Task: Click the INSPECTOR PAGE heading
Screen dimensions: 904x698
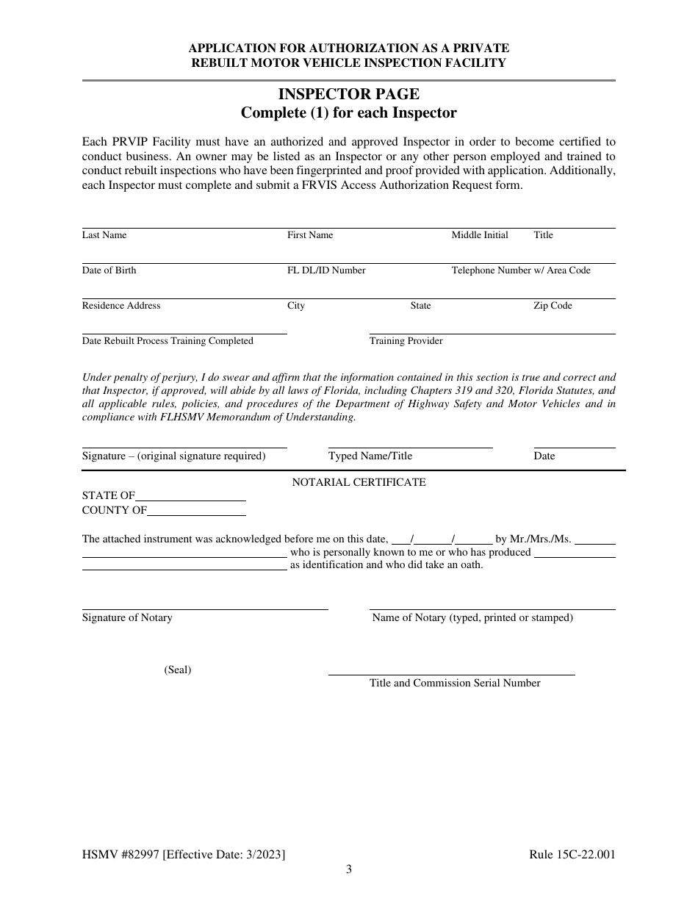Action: click(349, 94)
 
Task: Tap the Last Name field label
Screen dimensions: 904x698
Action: click(104, 235)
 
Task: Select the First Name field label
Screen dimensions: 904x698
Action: click(310, 235)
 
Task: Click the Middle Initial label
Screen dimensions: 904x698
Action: click(480, 235)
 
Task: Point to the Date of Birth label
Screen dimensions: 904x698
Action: click(109, 270)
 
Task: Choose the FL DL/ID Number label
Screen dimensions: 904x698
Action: click(326, 270)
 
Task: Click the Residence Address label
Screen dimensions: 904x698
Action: click(121, 306)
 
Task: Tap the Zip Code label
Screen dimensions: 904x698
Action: click(553, 306)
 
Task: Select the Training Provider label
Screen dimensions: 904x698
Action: click(406, 341)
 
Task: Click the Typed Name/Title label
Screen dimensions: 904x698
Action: click(370, 456)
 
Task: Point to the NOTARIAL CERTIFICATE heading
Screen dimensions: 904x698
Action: click(359, 482)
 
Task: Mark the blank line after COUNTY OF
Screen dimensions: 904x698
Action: click(196, 513)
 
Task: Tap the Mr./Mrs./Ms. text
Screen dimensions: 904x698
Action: click(533, 539)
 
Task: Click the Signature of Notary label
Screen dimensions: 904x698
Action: click(127, 617)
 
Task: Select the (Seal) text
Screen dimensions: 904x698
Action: click(178, 670)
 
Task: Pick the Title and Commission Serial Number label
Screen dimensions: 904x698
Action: click(455, 683)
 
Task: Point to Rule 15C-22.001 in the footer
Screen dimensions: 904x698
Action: click(572, 854)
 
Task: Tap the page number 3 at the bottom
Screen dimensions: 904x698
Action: click(349, 869)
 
